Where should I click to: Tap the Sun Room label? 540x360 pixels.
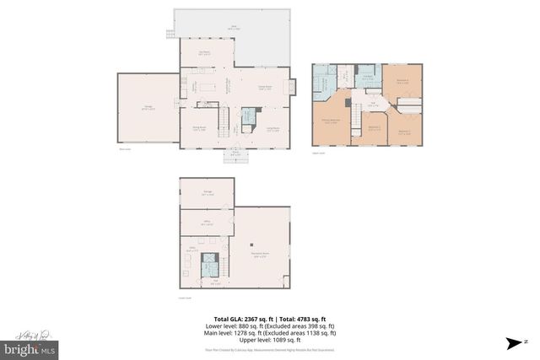pos(203,53)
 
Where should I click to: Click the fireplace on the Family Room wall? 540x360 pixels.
pos(293,86)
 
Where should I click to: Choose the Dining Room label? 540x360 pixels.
pos(198,128)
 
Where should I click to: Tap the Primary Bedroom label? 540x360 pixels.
pos(331,121)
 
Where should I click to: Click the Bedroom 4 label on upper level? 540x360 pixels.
pos(402,81)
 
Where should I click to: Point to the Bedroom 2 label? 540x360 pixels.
pos(374,128)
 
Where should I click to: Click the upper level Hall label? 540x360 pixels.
pos(372,105)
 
